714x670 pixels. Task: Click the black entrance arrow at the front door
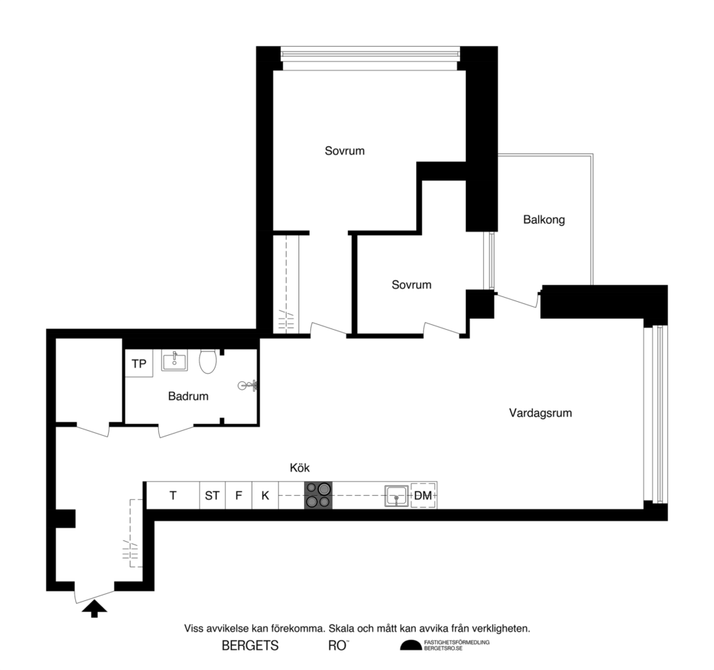pyautogui.click(x=95, y=610)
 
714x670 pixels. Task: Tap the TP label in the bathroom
pyautogui.click(x=139, y=364)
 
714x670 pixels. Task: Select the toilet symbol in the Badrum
pyautogui.click(x=207, y=362)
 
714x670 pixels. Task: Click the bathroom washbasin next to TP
pyautogui.click(x=174, y=360)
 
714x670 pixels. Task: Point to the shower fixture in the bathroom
pyautogui.click(x=249, y=385)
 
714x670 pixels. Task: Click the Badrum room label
pyautogui.click(x=188, y=397)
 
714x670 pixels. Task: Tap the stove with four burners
pyautogui.click(x=319, y=495)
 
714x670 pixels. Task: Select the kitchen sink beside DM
pyautogui.click(x=396, y=496)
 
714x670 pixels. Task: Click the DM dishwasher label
pyautogui.click(x=423, y=496)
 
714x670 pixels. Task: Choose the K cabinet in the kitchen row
pyautogui.click(x=265, y=496)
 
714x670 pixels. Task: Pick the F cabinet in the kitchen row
pyautogui.click(x=238, y=496)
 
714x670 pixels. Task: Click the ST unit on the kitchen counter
pyautogui.click(x=212, y=496)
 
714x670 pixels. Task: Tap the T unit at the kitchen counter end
pyautogui.click(x=173, y=496)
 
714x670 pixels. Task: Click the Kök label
pyautogui.click(x=300, y=468)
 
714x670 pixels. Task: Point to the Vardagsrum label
pyautogui.click(x=540, y=413)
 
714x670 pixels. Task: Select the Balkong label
pyautogui.click(x=544, y=220)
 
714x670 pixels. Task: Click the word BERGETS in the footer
pyautogui.click(x=250, y=646)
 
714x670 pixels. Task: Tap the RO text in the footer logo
pyautogui.click(x=337, y=646)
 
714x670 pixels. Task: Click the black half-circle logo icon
pyautogui.click(x=411, y=646)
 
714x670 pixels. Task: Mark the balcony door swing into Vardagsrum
pyautogui.click(x=517, y=300)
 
